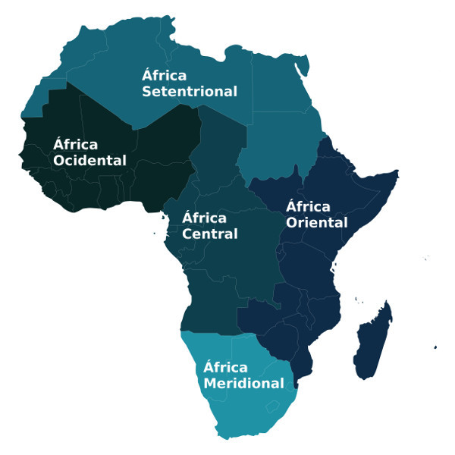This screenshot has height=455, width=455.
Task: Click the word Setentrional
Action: tap(190, 92)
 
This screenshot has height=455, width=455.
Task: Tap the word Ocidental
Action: tap(89, 161)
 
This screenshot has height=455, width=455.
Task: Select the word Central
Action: tap(210, 234)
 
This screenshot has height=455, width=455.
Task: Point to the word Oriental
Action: tap(316, 223)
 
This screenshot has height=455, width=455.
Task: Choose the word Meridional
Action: tap(243, 384)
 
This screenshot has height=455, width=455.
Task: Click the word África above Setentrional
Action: tap(165, 75)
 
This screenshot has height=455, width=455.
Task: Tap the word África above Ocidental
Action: tap(75, 144)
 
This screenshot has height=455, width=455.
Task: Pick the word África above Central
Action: tap(205, 218)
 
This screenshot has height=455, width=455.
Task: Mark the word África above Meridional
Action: tap(225, 367)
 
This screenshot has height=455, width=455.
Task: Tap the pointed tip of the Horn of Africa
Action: tap(397, 174)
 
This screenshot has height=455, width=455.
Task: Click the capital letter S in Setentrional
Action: tap(148, 92)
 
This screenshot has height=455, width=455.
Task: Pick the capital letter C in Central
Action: tap(188, 234)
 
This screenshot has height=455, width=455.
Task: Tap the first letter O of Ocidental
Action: tap(60, 161)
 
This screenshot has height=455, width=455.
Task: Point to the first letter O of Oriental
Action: tap(292, 223)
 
